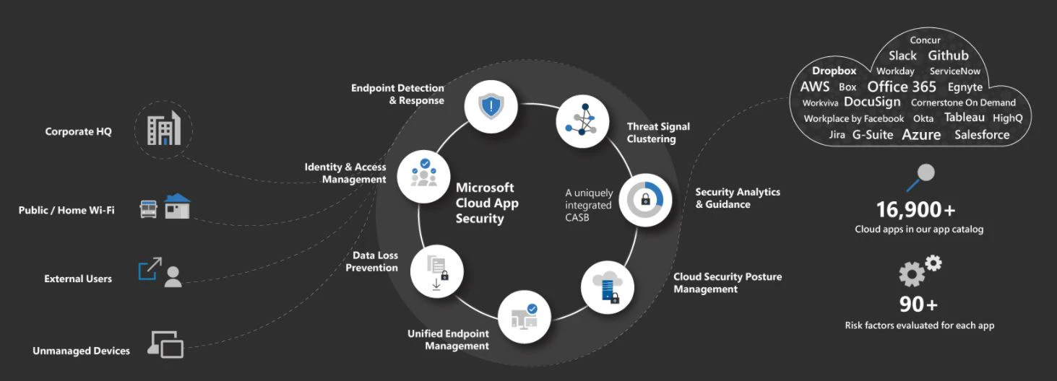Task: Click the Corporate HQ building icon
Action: pos(164,130)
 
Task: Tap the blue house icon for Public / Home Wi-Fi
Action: pos(177,206)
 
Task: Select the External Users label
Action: pos(78,279)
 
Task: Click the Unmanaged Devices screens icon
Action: pos(165,345)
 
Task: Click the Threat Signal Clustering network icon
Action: pos(582,121)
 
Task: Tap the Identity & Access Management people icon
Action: pos(424,175)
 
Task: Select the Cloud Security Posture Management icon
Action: pos(607,287)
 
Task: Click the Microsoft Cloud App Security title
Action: pos(486,203)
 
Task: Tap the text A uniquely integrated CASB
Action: pos(589,205)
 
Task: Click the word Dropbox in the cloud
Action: pos(834,71)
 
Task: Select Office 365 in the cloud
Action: pos(902,87)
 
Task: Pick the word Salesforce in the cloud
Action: pos(982,135)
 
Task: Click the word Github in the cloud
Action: pos(948,56)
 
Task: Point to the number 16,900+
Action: pos(915,210)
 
